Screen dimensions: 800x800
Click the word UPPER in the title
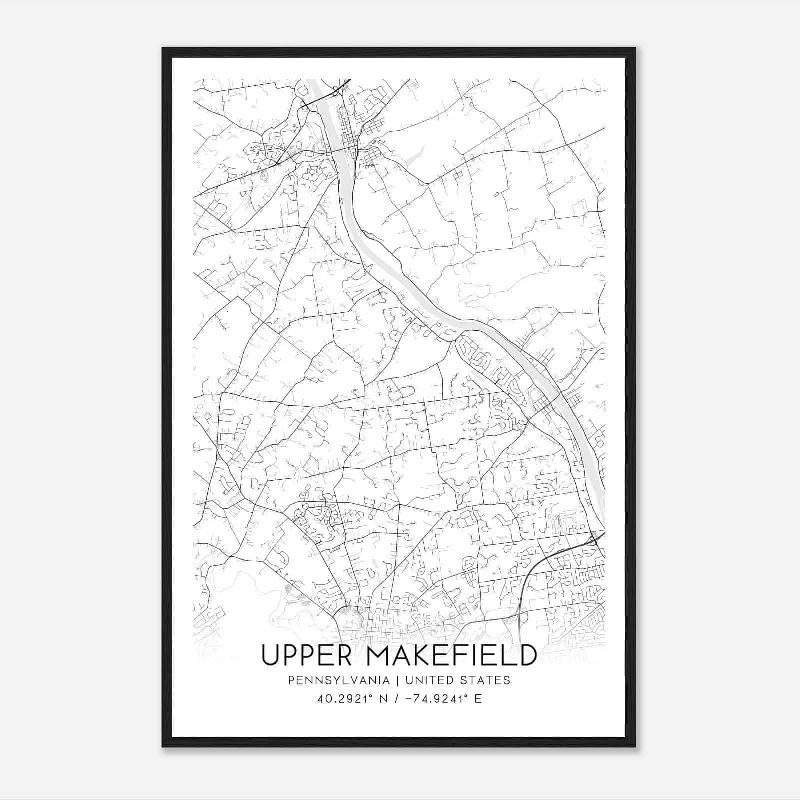tap(309, 655)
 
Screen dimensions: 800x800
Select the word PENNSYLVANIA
tap(332, 680)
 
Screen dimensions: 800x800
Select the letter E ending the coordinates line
tap(478, 699)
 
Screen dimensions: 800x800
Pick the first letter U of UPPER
tap(270, 655)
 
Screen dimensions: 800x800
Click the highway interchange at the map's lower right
tap(593, 539)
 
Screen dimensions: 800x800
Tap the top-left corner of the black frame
tap(163, 48)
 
